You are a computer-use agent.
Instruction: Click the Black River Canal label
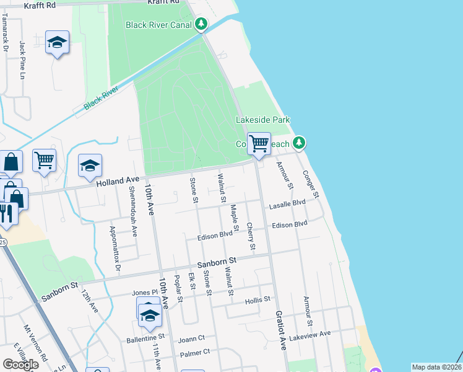pyautogui.click(x=160, y=25)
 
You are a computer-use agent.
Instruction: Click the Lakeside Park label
pyautogui.click(x=263, y=120)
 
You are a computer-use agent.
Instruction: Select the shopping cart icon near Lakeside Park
pyautogui.click(x=259, y=143)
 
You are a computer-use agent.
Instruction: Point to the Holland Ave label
pyautogui.click(x=118, y=181)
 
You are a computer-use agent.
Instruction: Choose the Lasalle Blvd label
pyautogui.click(x=287, y=203)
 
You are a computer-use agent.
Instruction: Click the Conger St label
pyautogui.click(x=310, y=185)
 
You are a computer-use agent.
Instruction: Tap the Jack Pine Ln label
pyautogui.click(x=22, y=60)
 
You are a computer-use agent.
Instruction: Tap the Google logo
pyautogui.click(x=20, y=365)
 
